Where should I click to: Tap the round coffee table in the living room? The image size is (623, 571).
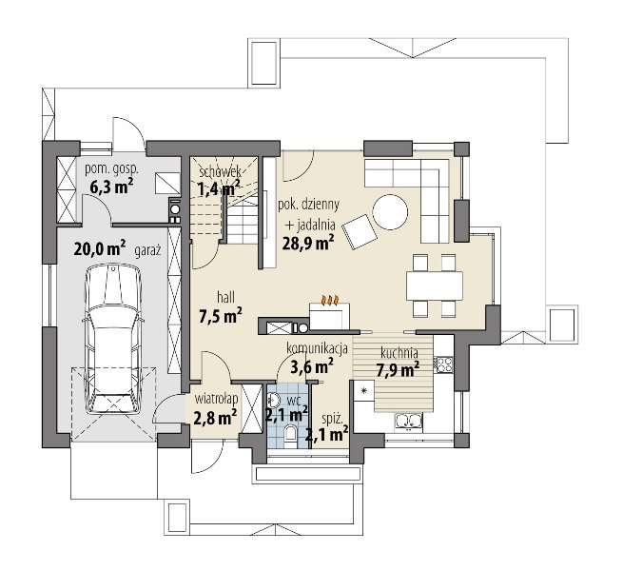click(390, 211)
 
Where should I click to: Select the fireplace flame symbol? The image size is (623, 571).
click(331, 300)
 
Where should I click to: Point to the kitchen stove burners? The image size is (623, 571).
click(444, 364)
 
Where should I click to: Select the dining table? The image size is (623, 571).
click(435, 285)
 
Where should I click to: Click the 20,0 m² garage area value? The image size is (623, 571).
click(100, 249)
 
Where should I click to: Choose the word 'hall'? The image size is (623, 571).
click(225, 297)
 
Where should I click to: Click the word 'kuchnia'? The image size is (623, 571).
click(399, 353)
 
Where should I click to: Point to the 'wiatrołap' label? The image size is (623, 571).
click(217, 399)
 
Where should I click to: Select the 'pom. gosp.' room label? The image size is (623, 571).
click(112, 169)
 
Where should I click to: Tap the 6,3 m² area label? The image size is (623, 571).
click(111, 187)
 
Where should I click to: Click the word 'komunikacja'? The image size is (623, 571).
click(317, 348)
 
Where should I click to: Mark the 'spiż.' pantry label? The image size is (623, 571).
click(332, 419)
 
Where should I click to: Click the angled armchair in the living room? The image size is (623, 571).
click(360, 231)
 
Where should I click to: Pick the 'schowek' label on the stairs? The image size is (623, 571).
click(220, 172)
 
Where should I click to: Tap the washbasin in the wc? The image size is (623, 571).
click(273, 399)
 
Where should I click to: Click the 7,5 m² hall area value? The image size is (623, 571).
click(221, 316)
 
